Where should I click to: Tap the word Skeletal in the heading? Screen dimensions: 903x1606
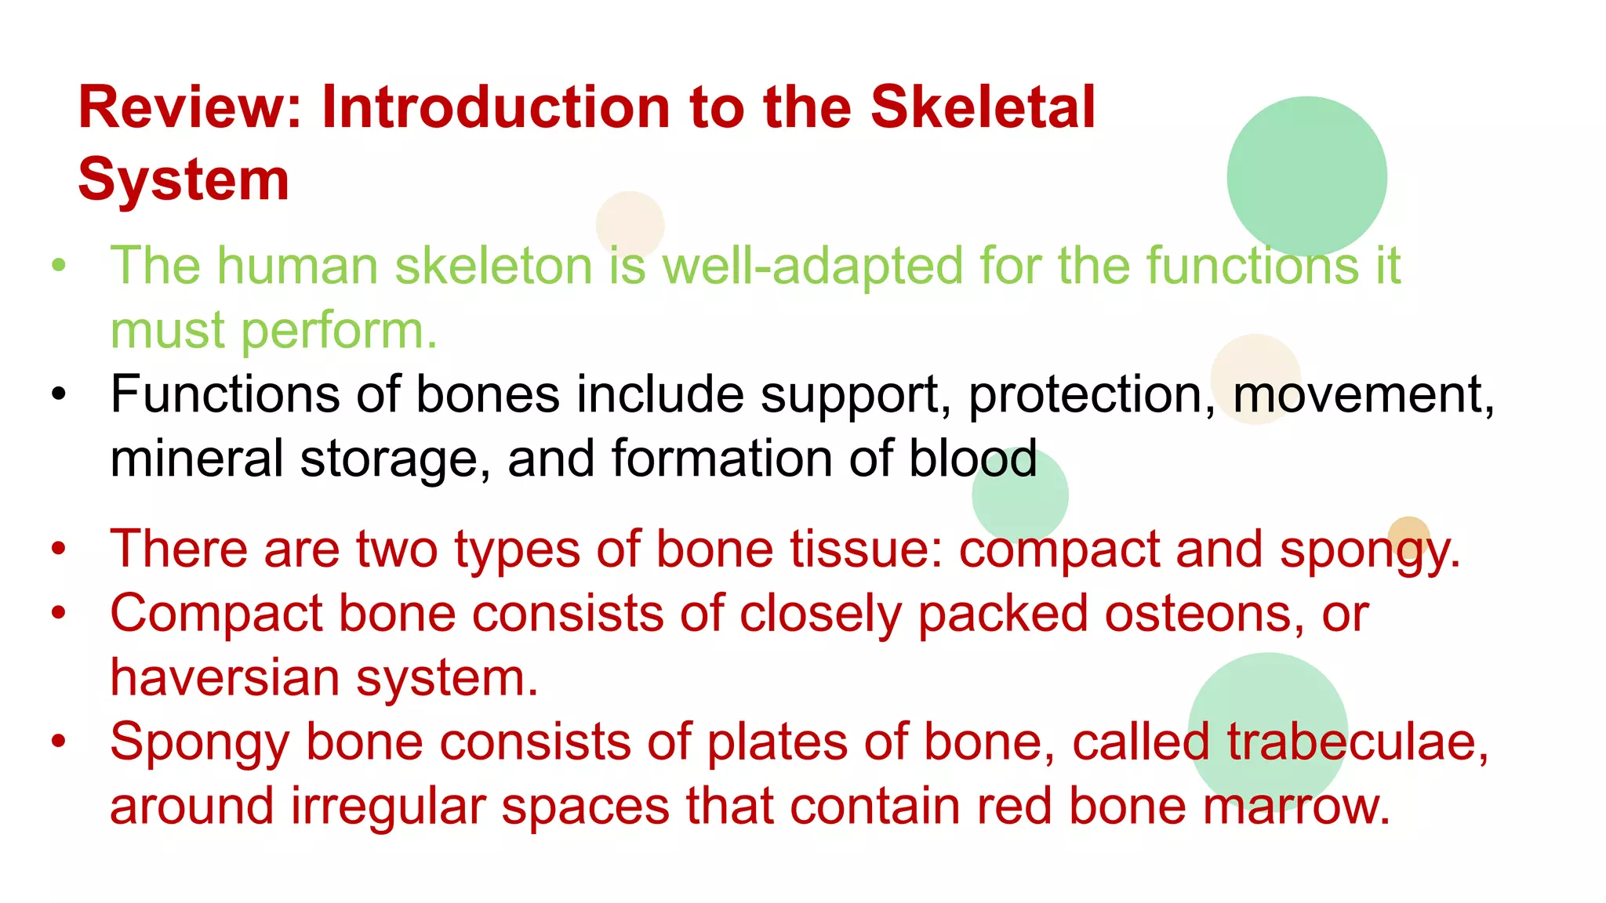click(983, 107)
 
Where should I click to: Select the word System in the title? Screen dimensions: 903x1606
click(183, 180)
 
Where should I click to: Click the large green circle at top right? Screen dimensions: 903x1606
click(1306, 176)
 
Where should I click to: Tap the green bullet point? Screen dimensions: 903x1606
click(59, 266)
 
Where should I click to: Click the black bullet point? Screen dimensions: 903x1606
click(59, 394)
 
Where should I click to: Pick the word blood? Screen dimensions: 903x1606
click(972, 459)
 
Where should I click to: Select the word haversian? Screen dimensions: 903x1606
click(224, 677)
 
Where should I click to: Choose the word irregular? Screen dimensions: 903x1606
click(387, 806)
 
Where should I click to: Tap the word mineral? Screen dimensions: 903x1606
click(196, 459)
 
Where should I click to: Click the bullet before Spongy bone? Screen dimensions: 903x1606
click(59, 742)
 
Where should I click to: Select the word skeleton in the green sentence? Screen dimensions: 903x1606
click(494, 266)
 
